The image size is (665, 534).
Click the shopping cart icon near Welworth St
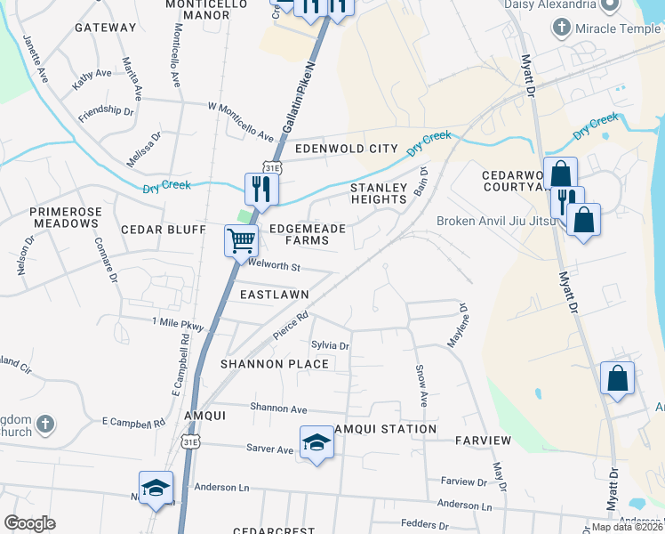click(x=242, y=239)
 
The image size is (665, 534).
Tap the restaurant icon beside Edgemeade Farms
click(x=261, y=188)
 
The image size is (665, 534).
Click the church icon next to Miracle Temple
click(x=561, y=28)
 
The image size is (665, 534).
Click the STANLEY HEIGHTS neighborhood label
click(x=378, y=194)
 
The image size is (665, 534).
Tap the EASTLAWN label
click(x=274, y=294)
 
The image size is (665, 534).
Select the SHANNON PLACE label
click(x=275, y=364)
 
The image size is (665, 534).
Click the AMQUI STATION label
click(x=385, y=429)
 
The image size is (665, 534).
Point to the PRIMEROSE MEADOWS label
click(x=63, y=217)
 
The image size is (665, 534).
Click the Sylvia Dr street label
click(x=330, y=345)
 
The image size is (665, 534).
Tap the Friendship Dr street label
click(x=106, y=113)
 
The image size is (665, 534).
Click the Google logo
click(x=29, y=523)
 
